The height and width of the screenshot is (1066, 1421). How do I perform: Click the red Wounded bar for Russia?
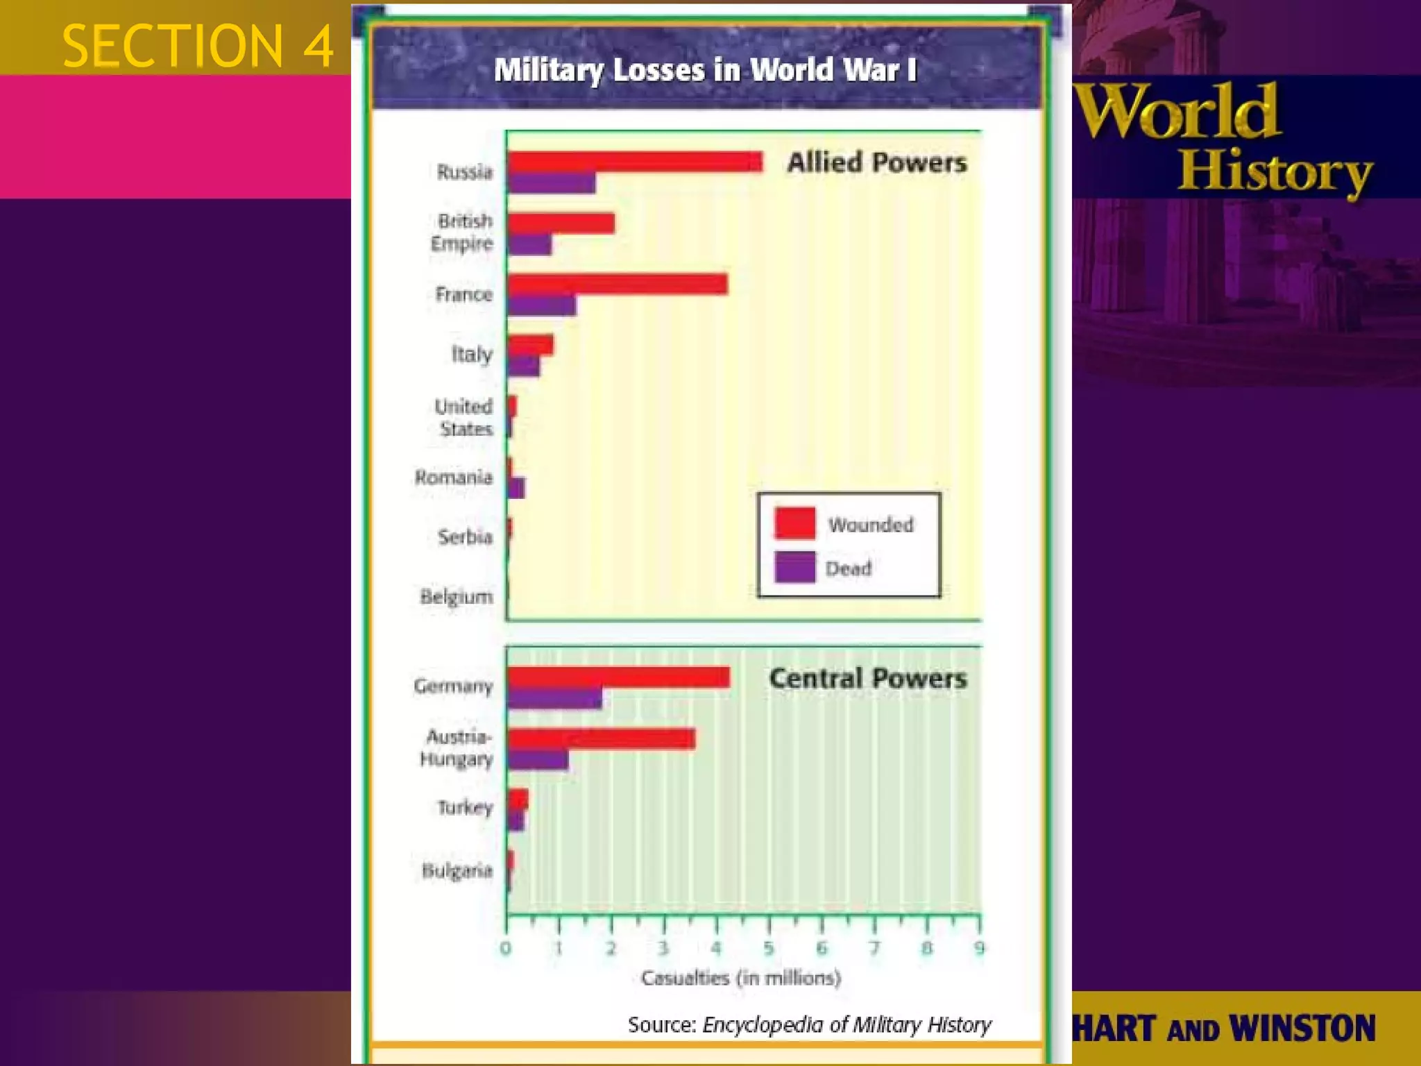[x=635, y=162]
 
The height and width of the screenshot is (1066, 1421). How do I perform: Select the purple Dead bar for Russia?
[x=552, y=183]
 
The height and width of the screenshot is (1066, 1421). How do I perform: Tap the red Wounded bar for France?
[x=618, y=284]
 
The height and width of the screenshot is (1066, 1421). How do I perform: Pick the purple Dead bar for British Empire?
[x=530, y=244]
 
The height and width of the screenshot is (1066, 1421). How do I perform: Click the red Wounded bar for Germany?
[x=618, y=677]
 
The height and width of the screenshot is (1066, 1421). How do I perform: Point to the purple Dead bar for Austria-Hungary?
[x=538, y=760]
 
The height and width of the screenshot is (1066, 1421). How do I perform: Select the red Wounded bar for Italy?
[x=531, y=345]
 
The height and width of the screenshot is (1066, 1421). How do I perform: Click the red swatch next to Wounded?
[x=794, y=523]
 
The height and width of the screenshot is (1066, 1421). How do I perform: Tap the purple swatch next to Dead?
[x=794, y=567]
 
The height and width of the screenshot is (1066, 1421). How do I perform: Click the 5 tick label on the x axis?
[x=769, y=948]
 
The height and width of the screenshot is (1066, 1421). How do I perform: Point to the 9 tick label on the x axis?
[x=979, y=948]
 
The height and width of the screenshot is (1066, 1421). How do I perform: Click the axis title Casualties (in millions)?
[x=740, y=978]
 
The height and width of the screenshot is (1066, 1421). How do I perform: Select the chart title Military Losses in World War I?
[x=705, y=69]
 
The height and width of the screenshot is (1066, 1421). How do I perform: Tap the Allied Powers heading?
[x=876, y=162]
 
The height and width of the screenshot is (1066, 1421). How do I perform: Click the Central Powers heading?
[x=867, y=678]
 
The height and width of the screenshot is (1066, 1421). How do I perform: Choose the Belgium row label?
[x=457, y=597]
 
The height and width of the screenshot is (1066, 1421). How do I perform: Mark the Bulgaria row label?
[x=457, y=870]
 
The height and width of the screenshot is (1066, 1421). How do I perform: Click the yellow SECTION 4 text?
[x=198, y=46]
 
